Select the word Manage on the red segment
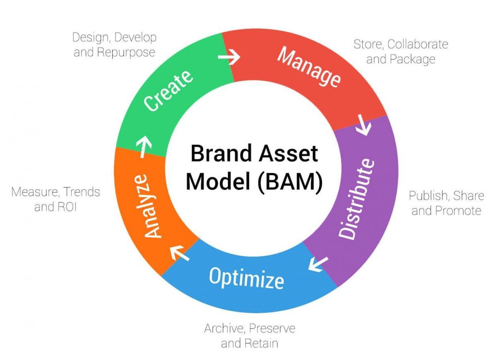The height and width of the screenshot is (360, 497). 309,68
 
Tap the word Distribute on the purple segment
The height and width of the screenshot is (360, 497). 357,198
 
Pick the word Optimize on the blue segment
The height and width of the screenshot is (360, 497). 246,277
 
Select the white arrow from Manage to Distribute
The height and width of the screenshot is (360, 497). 363,126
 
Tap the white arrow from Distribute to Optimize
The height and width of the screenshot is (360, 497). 318,264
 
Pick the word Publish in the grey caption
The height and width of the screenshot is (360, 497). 429,196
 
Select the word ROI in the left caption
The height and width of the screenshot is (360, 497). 66,207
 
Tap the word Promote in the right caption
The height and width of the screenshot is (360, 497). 458,210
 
